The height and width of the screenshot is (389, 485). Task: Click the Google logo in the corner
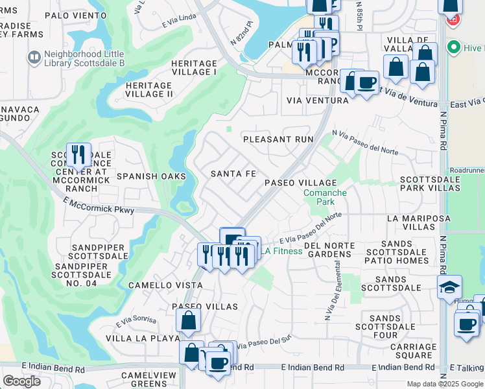click(x=21, y=381)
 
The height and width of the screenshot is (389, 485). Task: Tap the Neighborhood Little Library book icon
click(x=34, y=58)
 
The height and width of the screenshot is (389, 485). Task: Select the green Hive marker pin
click(x=454, y=48)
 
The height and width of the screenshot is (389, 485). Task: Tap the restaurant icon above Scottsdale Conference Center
click(x=78, y=154)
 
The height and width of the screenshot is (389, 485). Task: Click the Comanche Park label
click(x=325, y=197)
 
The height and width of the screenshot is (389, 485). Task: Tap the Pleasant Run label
click(x=278, y=139)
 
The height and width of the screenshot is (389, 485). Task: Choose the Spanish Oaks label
click(x=151, y=176)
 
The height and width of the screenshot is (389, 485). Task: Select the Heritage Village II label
click(x=149, y=89)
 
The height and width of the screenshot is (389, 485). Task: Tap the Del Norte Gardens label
click(x=329, y=250)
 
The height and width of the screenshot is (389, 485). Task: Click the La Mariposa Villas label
click(x=418, y=222)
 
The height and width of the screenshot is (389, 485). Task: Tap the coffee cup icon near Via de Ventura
click(x=367, y=83)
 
